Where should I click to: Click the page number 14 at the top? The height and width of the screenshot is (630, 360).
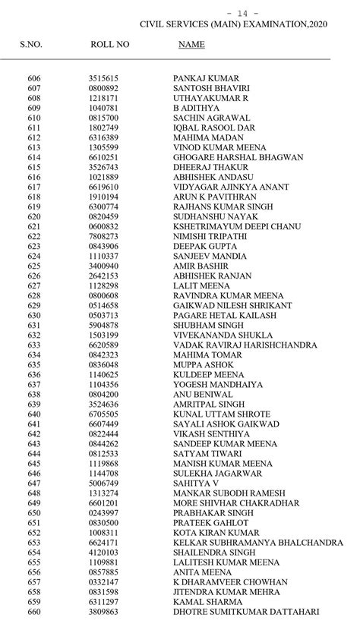pyautogui.click(x=253, y=14)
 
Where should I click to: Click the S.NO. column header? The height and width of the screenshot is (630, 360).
pyautogui.click(x=31, y=45)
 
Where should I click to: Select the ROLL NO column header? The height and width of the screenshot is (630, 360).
pyautogui.click(x=110, y=45)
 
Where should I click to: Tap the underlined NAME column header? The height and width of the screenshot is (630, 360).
pyautogui.click(x=191, y=45)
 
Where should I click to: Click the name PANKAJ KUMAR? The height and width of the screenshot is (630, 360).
pyautogui.click(x=206, y=78)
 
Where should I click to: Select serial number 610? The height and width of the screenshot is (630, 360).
pyautogui.click(x=34, y=118)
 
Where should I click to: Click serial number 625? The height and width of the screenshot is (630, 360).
pyautogui.click(x=34, y=266)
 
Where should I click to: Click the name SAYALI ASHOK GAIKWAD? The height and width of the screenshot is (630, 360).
pyautogui.click(x=226, y=424)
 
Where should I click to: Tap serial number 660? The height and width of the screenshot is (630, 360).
pyautogui.click(x=34, y=611)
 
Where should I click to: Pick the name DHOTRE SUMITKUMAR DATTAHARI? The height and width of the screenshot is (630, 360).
pyautogui.click(x=246, y=611)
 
